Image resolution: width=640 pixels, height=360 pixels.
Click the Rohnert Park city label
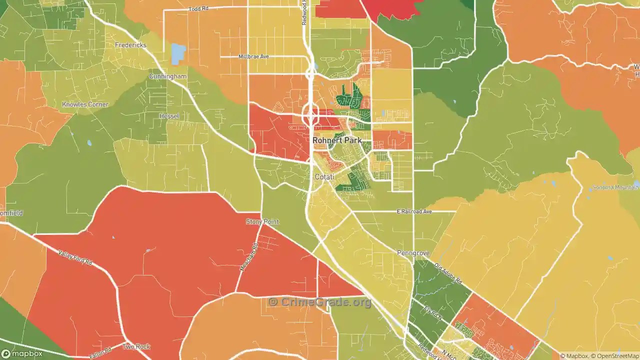(x=337, y=140)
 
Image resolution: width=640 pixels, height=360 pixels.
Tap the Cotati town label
(x=324, y=177)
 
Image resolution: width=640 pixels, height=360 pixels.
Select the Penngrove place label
(x=413, y=253)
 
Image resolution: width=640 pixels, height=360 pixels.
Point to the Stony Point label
(x=262, y=221)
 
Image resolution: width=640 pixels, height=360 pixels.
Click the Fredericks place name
(x=130, y=45)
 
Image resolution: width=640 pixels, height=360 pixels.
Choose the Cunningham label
(x=167, y=76)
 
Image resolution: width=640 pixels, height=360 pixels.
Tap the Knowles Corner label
(x=85, y=104)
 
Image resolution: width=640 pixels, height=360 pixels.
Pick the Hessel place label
(x=169, y=116)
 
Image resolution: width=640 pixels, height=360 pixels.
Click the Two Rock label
(x=136, y=346)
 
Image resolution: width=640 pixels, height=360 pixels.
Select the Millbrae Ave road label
(x=253, y=56)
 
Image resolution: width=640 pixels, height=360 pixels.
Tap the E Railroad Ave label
(x=414, y=211)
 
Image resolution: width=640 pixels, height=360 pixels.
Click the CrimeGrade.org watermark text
(x=320, y=302)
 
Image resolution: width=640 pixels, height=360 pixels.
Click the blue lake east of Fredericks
(x=178, y=54)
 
